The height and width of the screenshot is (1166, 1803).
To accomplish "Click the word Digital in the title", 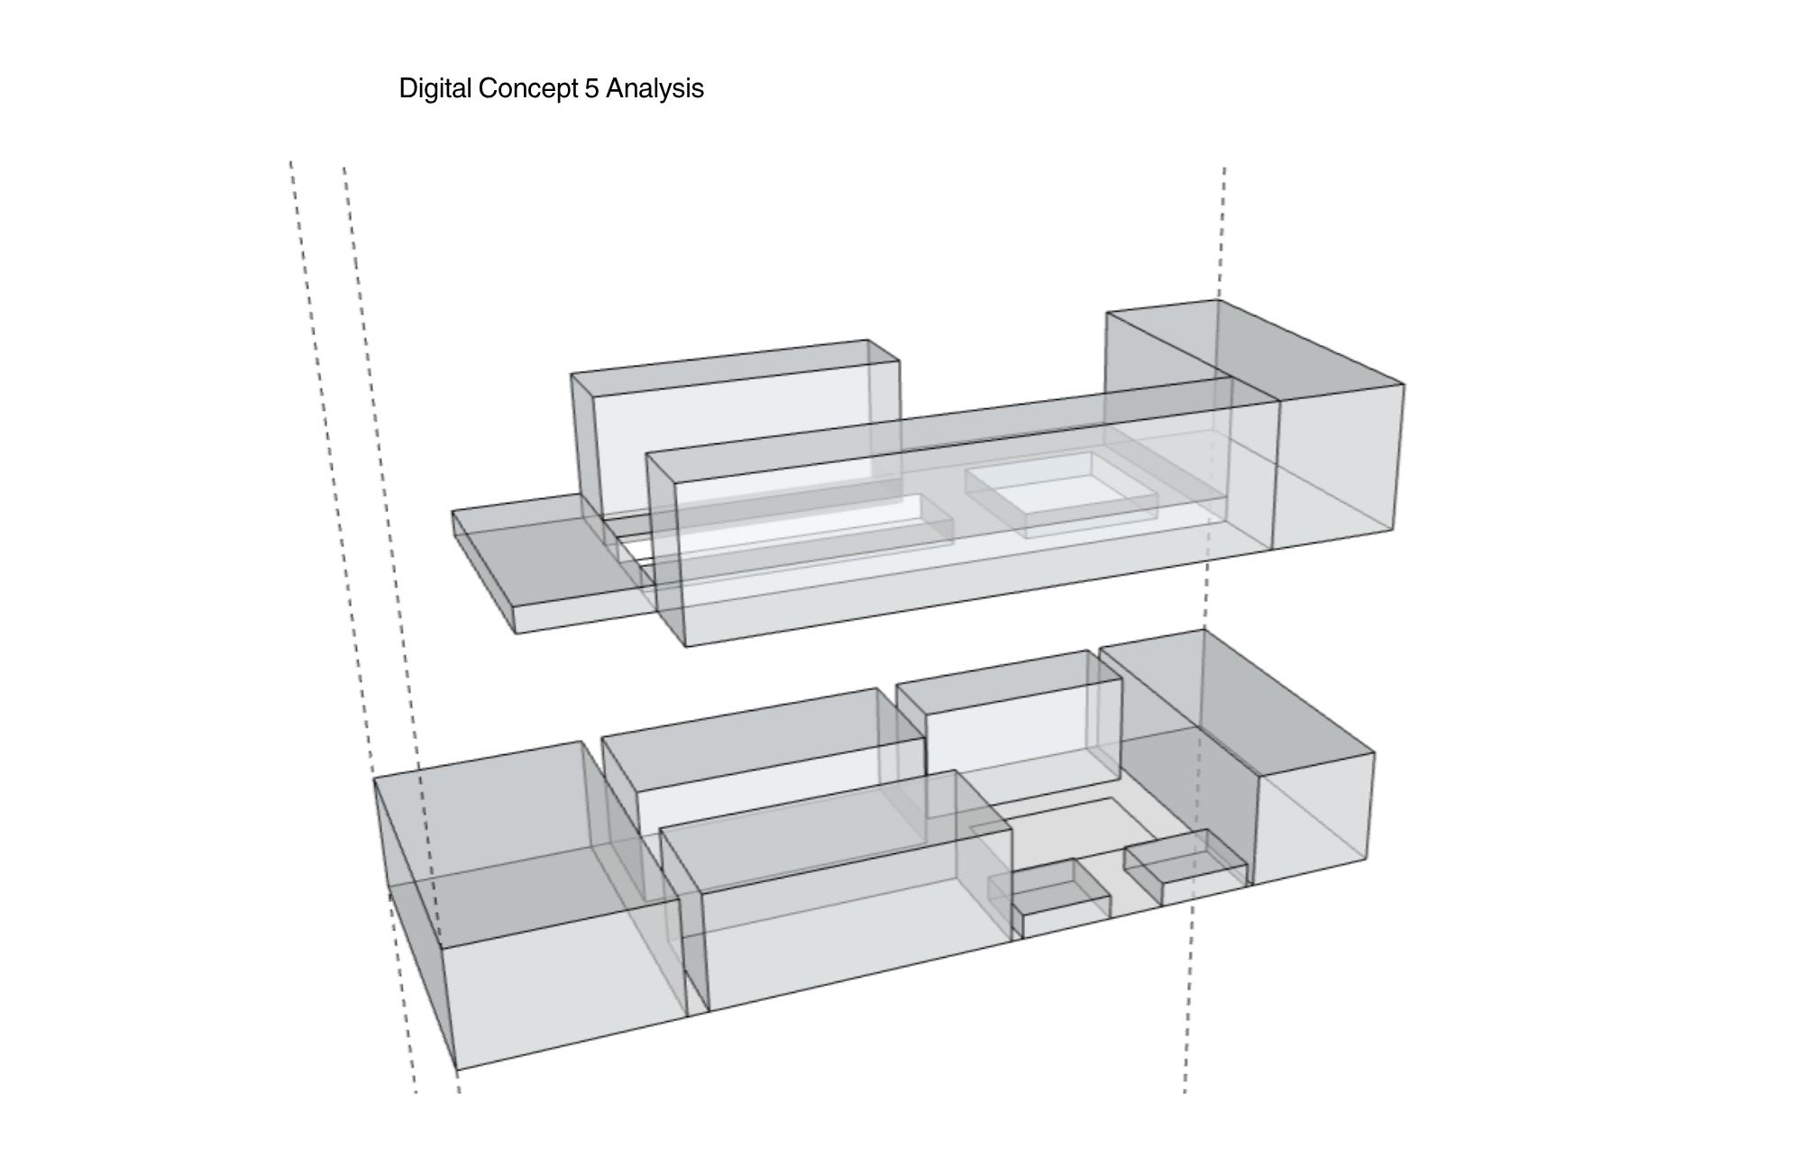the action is click(435, 89).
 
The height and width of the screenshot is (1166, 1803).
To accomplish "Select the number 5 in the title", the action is click(591, 88).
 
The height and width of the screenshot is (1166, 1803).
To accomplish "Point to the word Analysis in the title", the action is click(654, 88).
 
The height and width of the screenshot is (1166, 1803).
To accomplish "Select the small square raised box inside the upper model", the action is click(1061, 494).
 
